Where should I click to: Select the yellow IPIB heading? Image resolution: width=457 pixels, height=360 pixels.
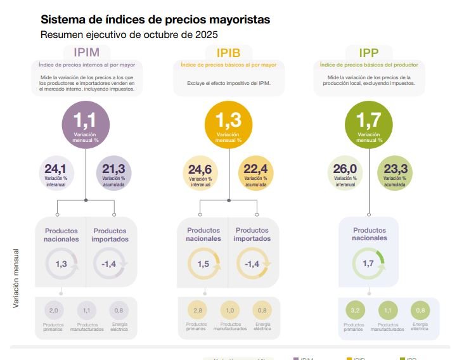coord(228,52)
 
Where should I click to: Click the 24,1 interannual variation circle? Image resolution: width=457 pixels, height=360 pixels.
coord(56,173)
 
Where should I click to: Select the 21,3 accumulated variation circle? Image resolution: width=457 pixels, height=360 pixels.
coord(114,173)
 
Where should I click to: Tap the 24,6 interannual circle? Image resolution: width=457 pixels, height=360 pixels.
coord(200,173)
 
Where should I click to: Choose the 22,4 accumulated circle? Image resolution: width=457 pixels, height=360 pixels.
coord(256,173)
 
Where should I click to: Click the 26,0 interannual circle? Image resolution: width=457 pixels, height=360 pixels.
coord(345,173)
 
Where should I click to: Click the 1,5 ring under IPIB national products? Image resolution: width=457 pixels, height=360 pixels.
coord(203,264)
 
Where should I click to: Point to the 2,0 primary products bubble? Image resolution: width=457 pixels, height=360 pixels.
coord(54,311)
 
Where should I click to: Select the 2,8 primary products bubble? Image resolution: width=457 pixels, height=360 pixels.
coord(196,311)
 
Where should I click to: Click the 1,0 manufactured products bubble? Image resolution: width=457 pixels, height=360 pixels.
coord(229,311)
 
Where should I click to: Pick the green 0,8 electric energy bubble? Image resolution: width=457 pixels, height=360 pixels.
coord(419,311)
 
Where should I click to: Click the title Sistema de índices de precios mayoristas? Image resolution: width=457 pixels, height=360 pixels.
coord(155,20)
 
